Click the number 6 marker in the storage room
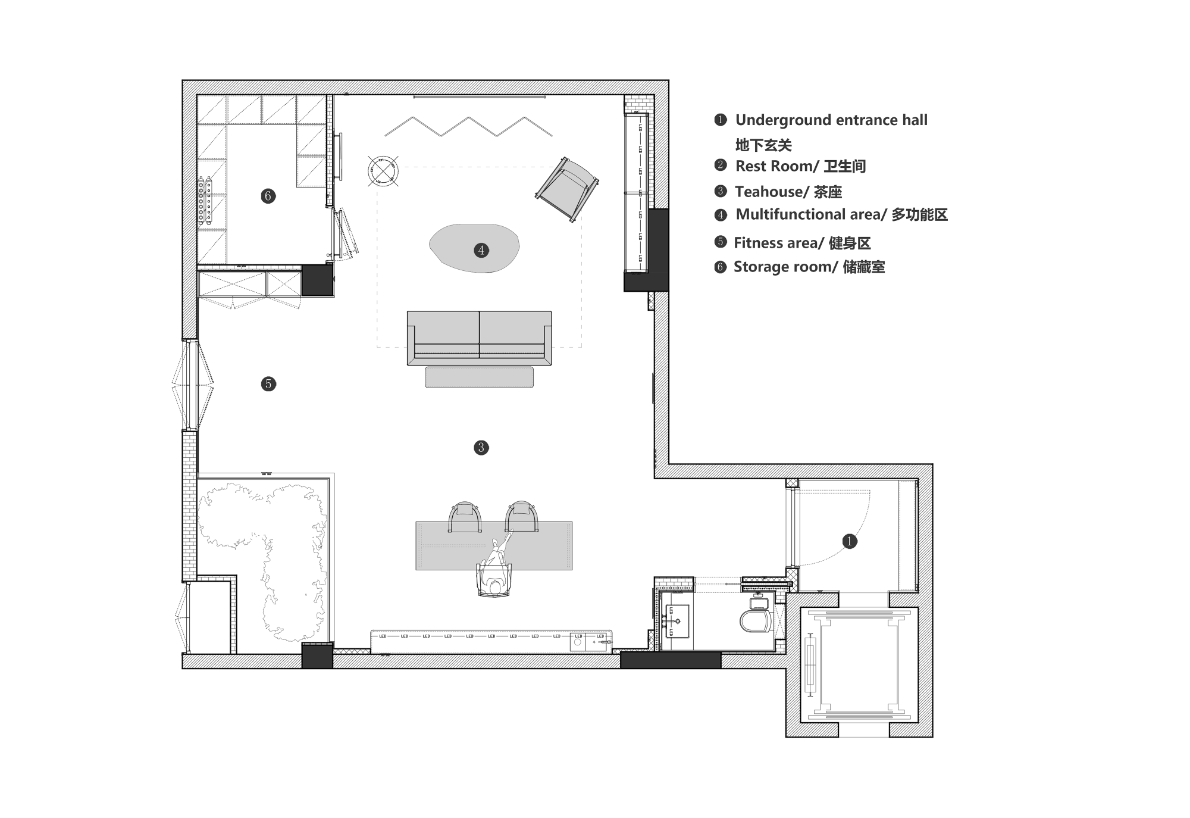[268, 196]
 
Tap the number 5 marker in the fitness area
[268, 384]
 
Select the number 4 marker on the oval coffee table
[481, 250]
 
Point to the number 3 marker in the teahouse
[481, 448]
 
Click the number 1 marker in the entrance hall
[850, 541]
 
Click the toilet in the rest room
[756, 616]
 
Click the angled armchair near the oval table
[567, 189]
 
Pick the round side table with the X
[384, 170]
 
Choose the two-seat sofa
[480, 338]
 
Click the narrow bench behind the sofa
[479, 377]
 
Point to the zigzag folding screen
[469, 127]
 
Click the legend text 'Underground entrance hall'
[831, 120]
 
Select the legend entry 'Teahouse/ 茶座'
[788, 192]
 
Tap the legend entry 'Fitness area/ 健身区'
[802, 243]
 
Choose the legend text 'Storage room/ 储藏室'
[809, 267]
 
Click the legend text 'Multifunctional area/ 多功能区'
[842, 214]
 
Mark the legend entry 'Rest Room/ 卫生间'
[801, 166]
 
